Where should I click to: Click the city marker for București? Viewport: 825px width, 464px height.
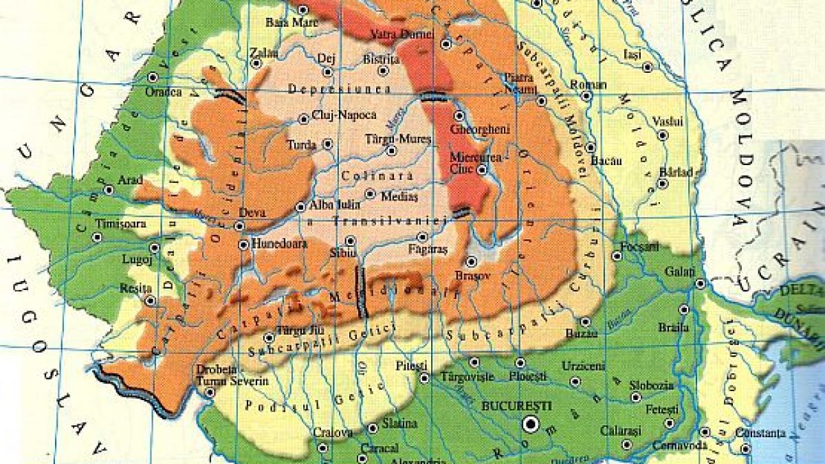tap(529, 424)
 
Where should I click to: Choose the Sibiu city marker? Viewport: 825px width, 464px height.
tap(350, 241)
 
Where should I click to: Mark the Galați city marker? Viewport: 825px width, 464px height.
tap(700, 283)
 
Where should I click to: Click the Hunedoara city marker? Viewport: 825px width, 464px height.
tap(243, 243)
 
